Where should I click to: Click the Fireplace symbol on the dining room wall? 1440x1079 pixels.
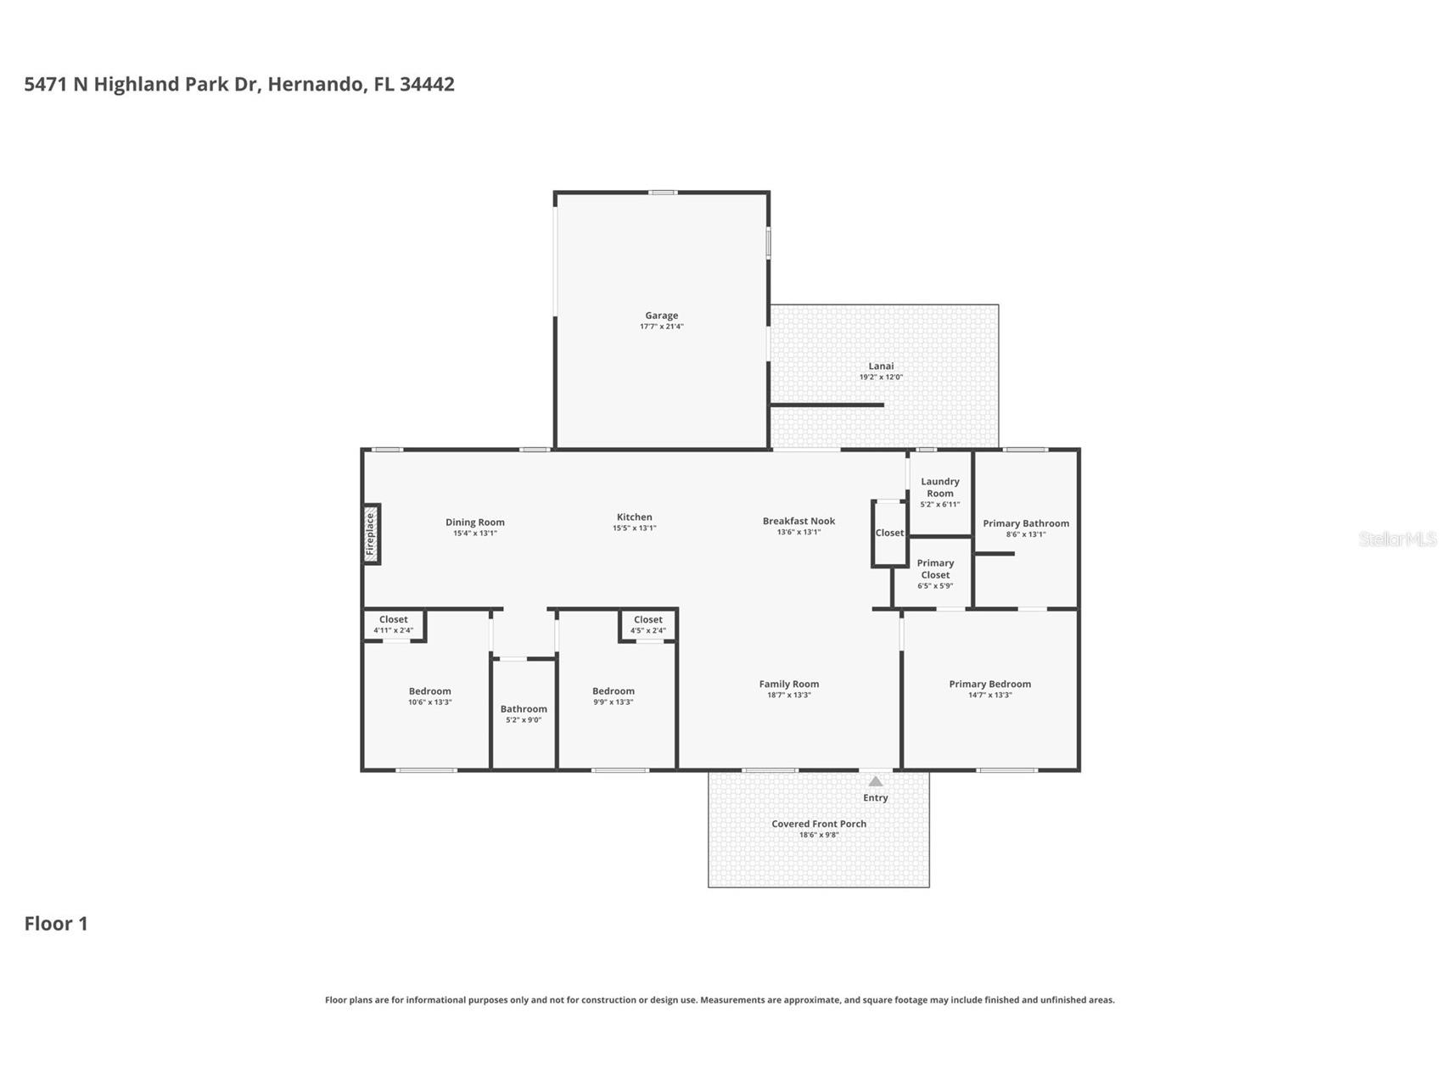371,534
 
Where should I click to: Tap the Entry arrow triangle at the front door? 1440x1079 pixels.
875,781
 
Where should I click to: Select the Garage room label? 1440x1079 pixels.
661,316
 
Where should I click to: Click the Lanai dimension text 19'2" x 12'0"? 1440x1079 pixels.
881,377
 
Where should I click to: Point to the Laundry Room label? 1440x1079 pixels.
939,488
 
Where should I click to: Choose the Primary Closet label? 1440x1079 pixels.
935,569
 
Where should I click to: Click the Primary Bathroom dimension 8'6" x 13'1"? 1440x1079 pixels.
1026,534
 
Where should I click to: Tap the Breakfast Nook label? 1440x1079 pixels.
798,521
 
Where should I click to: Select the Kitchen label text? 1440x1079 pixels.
634,517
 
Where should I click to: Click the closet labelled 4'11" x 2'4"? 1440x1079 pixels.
393,625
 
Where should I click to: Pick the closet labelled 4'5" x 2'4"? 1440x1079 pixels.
647,625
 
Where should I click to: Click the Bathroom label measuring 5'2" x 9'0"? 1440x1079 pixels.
524,709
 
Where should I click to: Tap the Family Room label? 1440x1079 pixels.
788,684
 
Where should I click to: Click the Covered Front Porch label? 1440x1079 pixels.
818,824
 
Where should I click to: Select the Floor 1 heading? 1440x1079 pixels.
56,924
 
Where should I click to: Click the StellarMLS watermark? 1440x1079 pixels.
1397,539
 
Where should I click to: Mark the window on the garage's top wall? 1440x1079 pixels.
662,193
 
